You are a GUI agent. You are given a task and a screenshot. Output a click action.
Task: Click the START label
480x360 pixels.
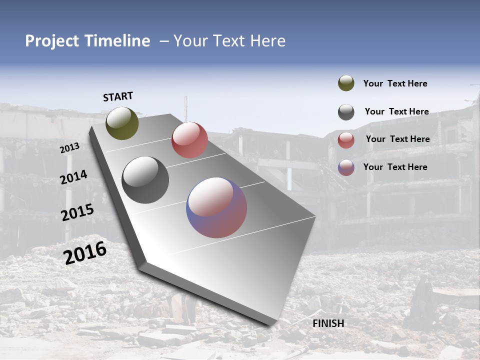coord(118,96)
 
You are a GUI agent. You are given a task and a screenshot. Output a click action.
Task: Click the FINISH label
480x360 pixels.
coord(328,323)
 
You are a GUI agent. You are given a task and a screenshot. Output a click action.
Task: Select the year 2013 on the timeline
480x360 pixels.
coord(70,148)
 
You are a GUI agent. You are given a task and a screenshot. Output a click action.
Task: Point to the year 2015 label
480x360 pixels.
coord(77,212)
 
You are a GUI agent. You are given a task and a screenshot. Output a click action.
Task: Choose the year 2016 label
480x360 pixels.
coord(85,252)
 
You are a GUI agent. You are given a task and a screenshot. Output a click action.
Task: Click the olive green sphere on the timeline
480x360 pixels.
coord(122,123)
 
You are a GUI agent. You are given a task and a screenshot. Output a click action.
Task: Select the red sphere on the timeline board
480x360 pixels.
coord(189,140)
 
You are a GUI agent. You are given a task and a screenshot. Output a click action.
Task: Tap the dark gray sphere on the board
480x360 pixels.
coord(145,180)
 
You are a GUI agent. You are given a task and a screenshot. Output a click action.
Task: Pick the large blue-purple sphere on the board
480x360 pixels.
coord(216,207)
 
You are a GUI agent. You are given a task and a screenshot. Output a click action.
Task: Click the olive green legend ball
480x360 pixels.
coord(346,83)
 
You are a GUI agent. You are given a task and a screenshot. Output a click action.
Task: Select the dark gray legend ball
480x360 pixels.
coord(346,112)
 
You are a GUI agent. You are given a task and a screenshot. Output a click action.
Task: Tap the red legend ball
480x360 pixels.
coord(346,140)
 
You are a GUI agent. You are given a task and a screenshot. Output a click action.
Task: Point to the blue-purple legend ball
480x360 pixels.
coord(346,167)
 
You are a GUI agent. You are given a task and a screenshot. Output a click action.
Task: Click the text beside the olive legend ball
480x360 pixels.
coord(395,83)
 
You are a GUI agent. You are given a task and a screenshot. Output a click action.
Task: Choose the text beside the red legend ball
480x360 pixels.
coord(397,139)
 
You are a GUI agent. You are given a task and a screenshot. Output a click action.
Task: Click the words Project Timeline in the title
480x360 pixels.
coord(87,41)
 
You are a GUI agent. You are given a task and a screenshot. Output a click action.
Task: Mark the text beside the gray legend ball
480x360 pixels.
coord(396,111)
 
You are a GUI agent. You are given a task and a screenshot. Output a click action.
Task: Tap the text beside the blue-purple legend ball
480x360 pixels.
coord(395,167)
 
